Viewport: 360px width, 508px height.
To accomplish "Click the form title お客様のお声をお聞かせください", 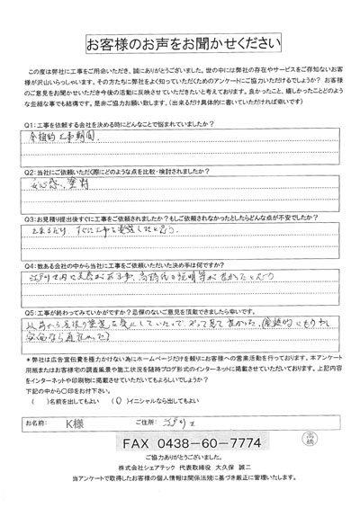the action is pos(179,44).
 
